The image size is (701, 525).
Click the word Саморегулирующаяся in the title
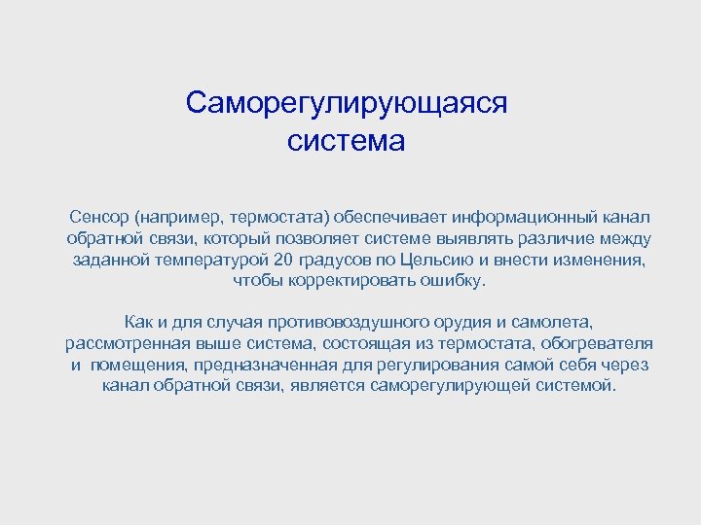(347, 103)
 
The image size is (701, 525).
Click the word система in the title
(346, 142)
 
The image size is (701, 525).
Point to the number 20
(283, 260)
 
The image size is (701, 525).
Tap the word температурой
(210, 260)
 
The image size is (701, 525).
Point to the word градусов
(334, 260)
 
